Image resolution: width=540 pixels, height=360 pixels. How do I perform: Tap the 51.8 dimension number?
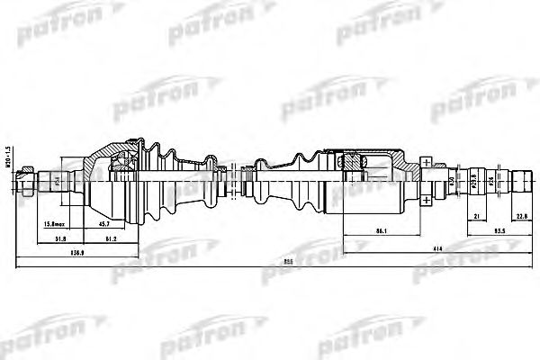[x=60, y=238]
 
